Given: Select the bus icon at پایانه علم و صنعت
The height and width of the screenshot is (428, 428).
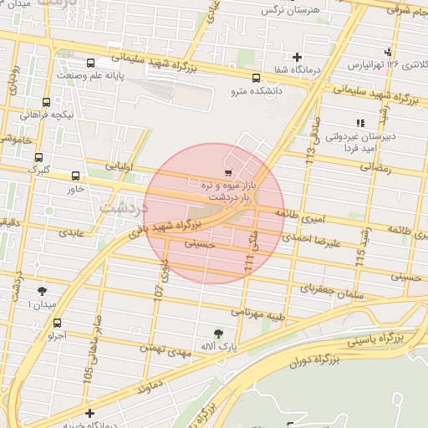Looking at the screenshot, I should pyautogui.click(x=90, y=62).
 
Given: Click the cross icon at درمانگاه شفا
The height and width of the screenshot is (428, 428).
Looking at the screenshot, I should pyautogui.click(x=296, y=57).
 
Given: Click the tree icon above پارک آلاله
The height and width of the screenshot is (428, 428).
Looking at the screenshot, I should pyautogui.click(x=219, y=332).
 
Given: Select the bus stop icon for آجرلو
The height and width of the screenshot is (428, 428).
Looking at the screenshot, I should pyautogui.click(x=57, y=323).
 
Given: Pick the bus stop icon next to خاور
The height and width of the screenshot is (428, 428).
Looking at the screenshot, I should pyautogui.click(x=76, y=176).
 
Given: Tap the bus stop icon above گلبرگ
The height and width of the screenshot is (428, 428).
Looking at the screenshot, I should pyautogui.click(x=38, y=155).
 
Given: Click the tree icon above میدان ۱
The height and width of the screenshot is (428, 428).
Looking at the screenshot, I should pyautogui.click(x=42, y=291).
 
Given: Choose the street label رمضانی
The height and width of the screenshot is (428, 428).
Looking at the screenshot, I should pyautogui.click(x=374, y=167).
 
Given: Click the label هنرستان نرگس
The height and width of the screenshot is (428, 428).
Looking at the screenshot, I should pyautogui.click(x=280, y=10).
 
